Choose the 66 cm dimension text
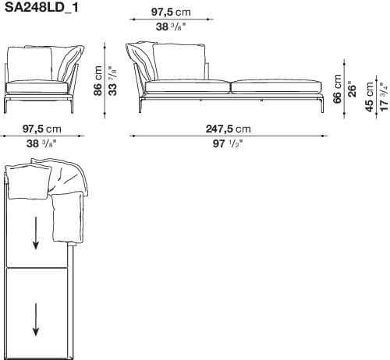click(338, 88)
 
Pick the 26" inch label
click(352, 88)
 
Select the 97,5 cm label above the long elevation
click(170, 13)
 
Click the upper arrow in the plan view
click(36, 231)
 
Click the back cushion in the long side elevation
click(180, 62)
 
